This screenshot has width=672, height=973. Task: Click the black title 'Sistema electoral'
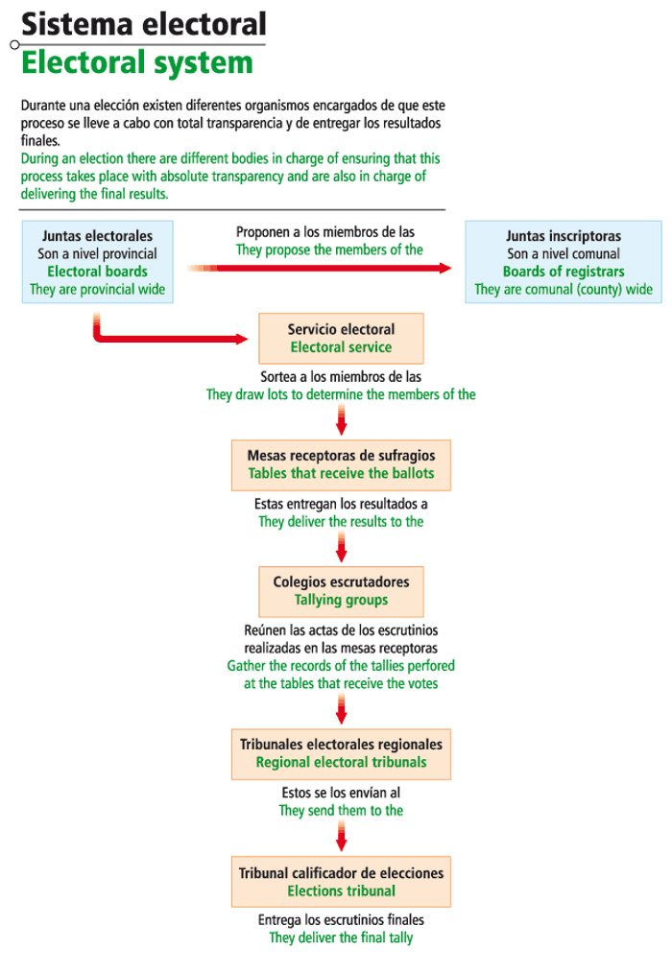tap(144, 23)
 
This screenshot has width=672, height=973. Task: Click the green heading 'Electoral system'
tap(137, 63)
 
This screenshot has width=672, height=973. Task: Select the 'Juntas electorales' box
tap(97, 262)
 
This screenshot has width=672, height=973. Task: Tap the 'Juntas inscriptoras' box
tap(564, 262)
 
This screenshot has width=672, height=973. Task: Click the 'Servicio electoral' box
tap(341, 338)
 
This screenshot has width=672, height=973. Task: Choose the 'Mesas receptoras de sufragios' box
tap(341, 464)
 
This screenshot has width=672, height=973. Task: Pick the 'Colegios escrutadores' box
tap(341, 591)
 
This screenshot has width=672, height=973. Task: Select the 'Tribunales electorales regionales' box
tap(341, 753)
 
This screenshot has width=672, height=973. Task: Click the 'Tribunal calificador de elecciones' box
tap(341, 881)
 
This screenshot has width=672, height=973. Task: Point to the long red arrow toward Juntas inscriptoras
tap(326, 269)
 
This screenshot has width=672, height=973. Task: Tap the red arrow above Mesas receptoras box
tap(341, 418)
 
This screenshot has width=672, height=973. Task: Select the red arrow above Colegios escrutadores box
tap(341, 546)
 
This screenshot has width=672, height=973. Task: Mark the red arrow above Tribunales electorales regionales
tap(341, 708)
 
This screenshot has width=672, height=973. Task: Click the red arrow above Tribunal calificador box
tap(341, 836)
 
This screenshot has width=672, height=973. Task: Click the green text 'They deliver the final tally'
tap(341, 937)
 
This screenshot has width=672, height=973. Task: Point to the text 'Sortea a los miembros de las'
tap(341, 377)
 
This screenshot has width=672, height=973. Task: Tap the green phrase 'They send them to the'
tap(341, 811)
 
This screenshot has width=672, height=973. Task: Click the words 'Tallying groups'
tap(341, 601)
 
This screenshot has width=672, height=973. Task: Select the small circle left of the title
tap(14, 45)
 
